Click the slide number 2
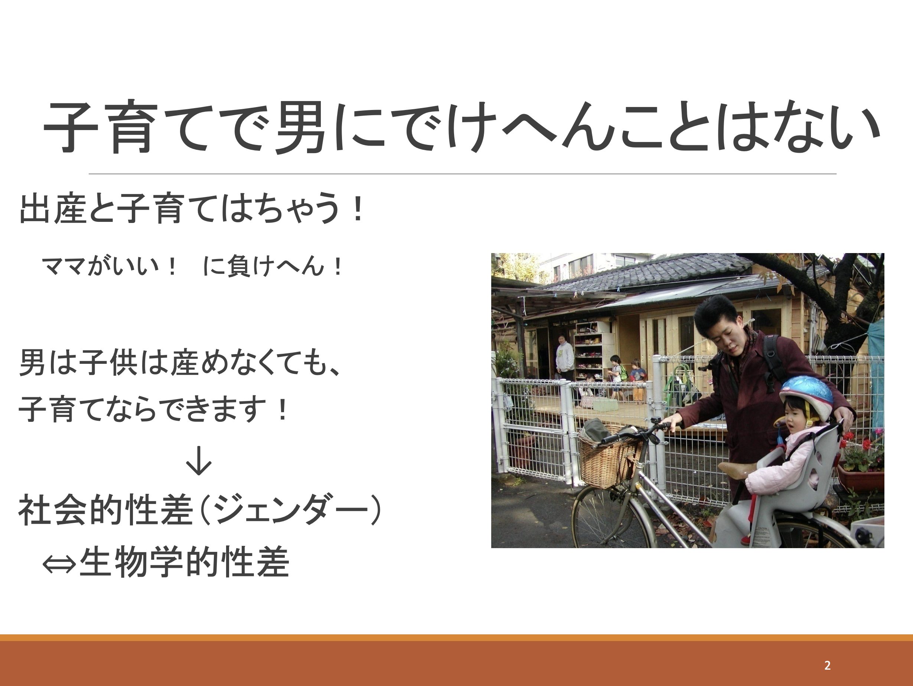coord(827,665)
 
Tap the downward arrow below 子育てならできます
coord(199,460)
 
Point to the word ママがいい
coord(101,266)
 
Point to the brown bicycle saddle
coord(738,470)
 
